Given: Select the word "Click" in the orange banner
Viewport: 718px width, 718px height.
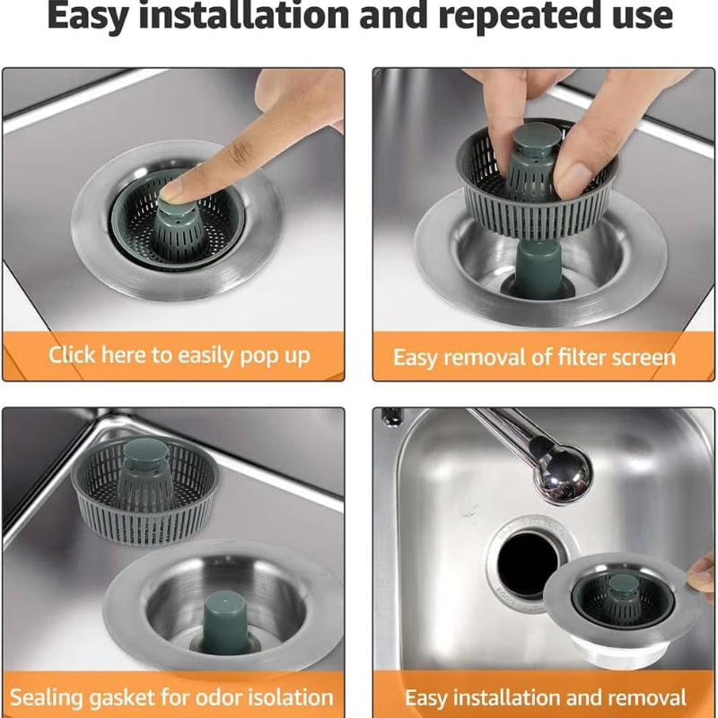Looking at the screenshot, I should coord(72,355).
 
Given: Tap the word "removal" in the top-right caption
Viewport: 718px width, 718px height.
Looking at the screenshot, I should coord(481,357).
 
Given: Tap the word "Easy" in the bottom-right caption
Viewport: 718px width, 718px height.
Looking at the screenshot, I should coord(425,698).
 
